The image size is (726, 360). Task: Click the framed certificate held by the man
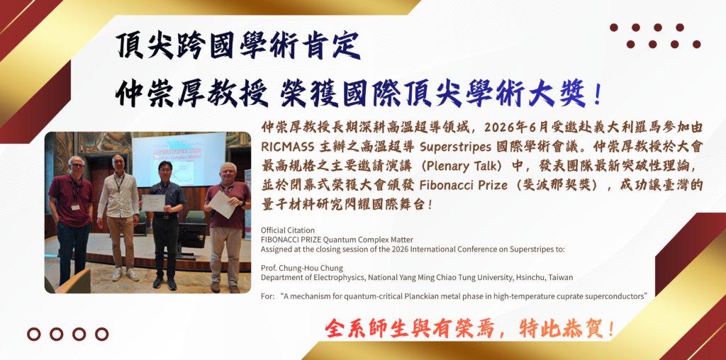click(153, 203)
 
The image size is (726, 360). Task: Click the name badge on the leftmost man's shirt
click(75, 206)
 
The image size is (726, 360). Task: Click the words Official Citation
click(288, 230)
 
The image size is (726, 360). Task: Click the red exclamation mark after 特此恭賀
click(611, 329)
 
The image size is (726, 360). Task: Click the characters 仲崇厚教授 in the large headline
click(192, 94)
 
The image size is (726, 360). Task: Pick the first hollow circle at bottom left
click(34, 334)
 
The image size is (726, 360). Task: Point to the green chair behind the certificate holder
click(194, 217)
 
